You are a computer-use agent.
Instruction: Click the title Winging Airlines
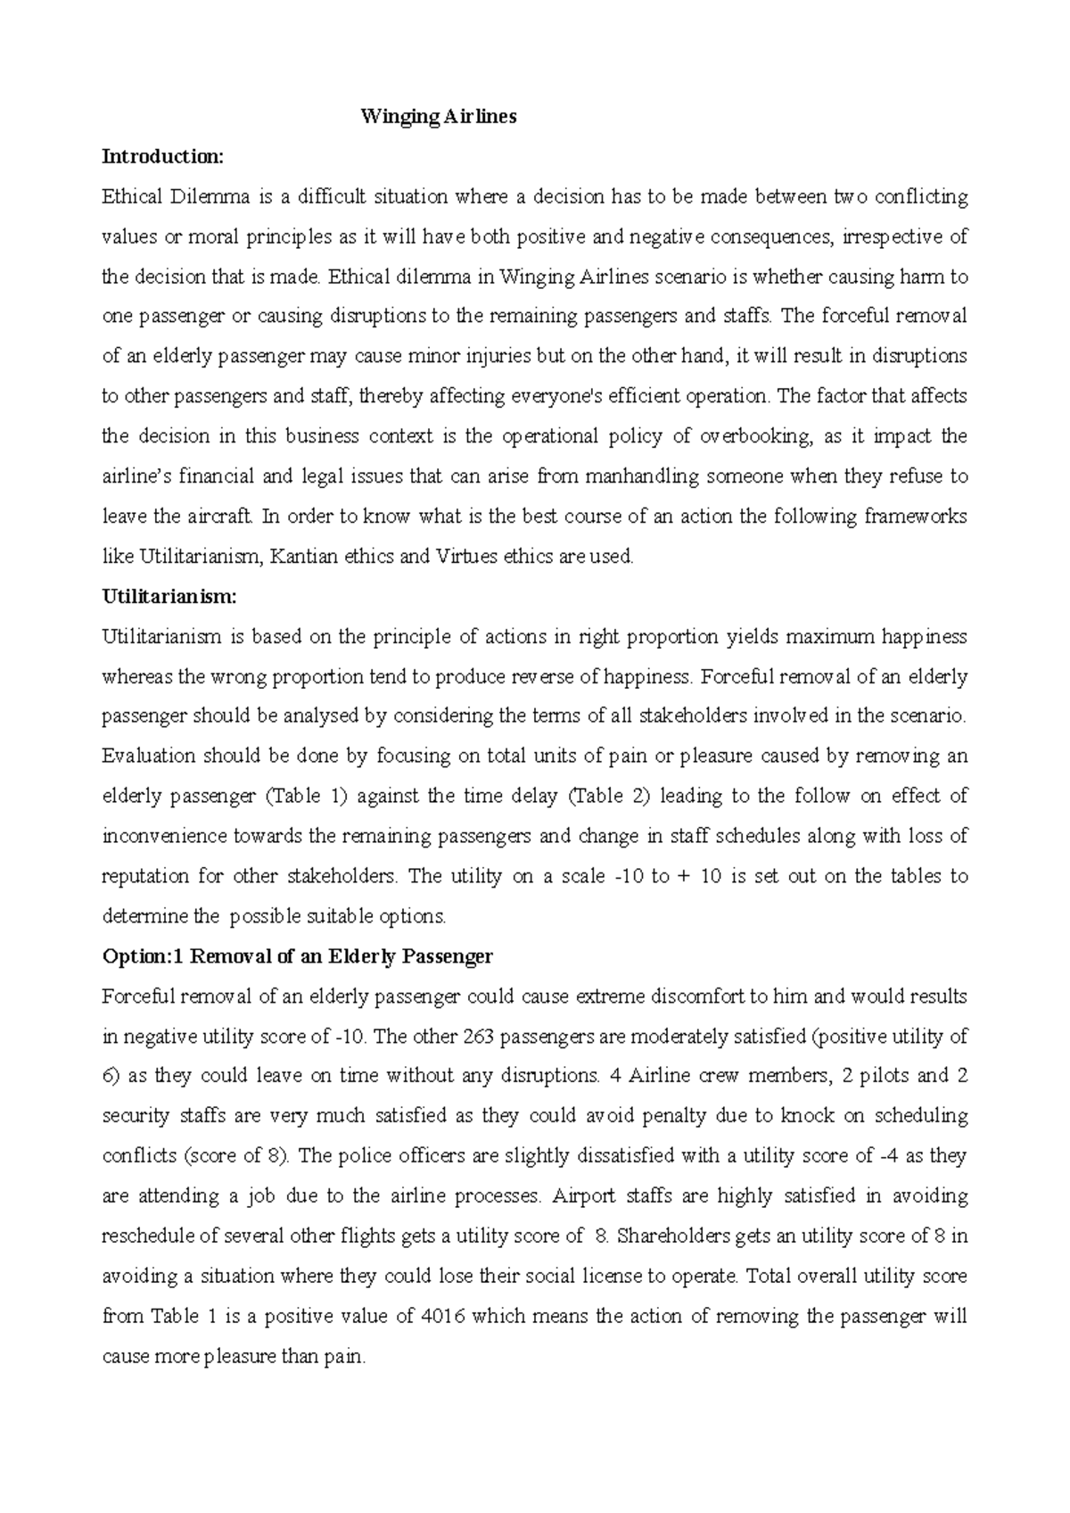click(438, 117)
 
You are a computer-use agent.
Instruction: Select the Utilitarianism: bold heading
click(170, 597)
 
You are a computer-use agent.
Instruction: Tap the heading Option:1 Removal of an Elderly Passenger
click(298, 956)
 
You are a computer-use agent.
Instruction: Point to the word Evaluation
click(148, 756)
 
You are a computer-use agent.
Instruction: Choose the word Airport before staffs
click(584, 1196)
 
